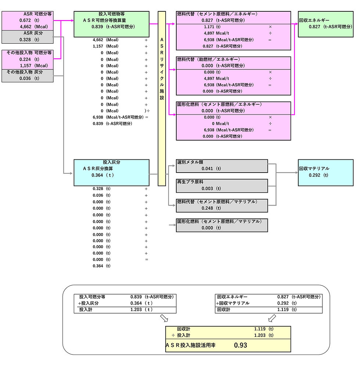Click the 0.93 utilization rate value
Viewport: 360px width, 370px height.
pyautogui.click(x=241, y=345)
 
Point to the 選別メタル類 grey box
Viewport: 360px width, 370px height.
pyautogui.click(x=222, y=165)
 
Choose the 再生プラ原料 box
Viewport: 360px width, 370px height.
pyautogui.click(x=222, y=185)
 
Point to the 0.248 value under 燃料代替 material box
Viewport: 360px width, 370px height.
pyautogui.click(x=208, y=208)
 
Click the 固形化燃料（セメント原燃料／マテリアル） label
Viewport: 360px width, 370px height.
pyautogui.click(x=219, y=221)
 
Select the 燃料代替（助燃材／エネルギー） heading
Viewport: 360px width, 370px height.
pyautogui.click(x=208, y=59)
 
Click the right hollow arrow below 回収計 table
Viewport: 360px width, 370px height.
pyautogui.click(x=272, y=318)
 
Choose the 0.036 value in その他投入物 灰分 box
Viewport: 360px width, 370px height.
pyautogui.click(x=27, y=78)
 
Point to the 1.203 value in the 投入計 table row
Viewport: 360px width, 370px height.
pyautogui.click(x=136, y=309)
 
